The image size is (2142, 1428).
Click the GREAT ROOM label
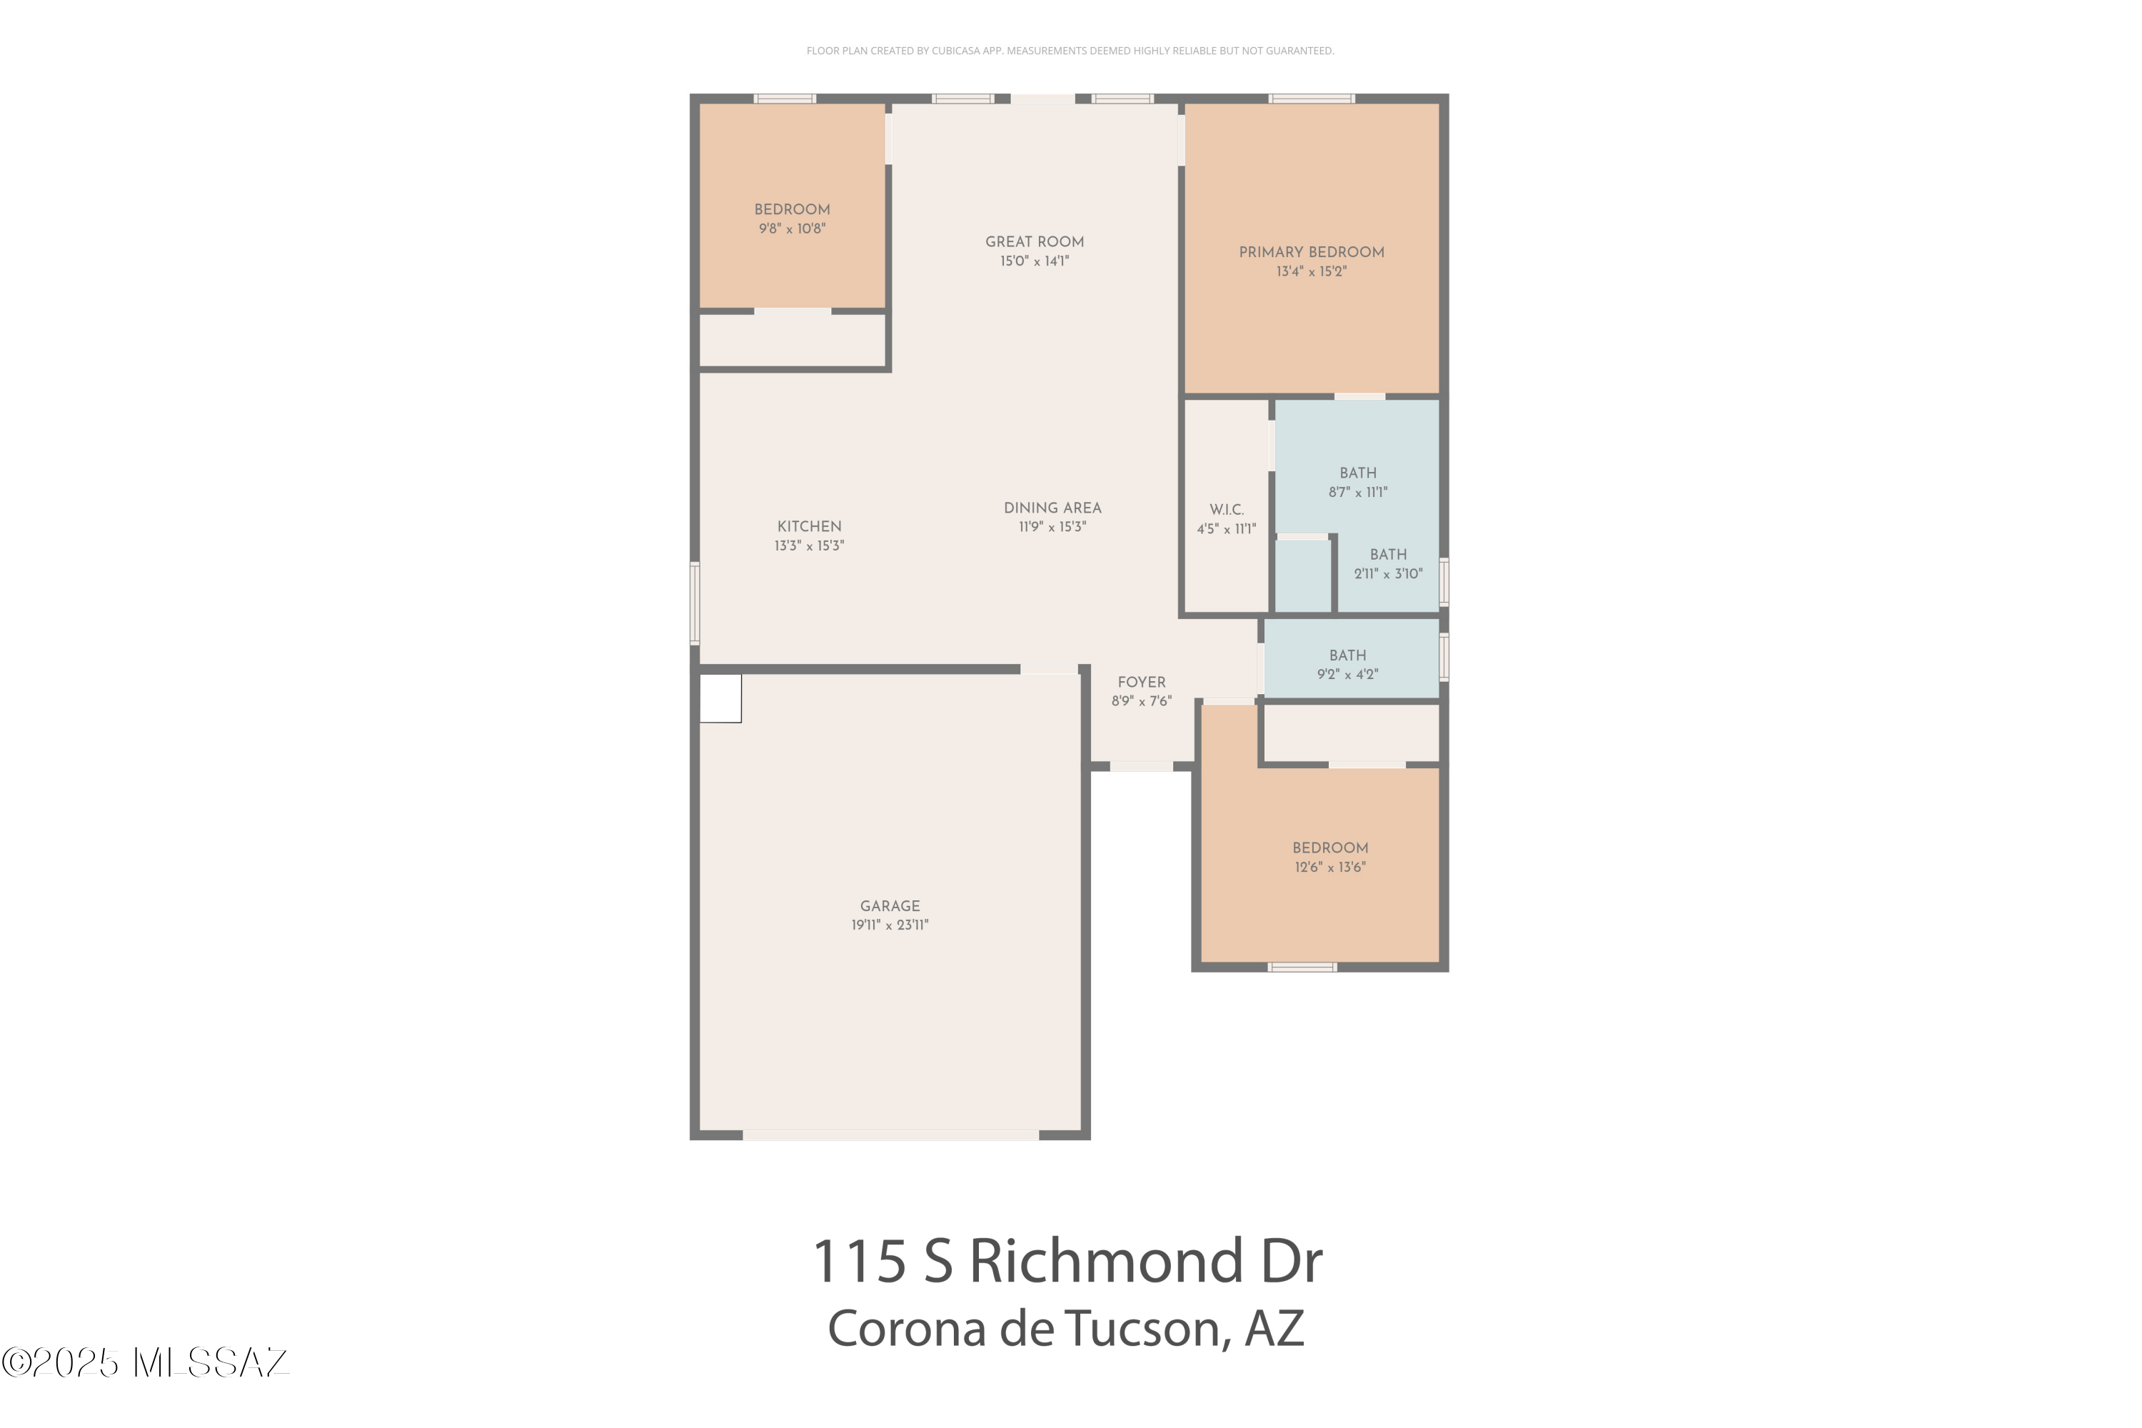point(1034,241)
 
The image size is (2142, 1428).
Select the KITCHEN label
point(809,526)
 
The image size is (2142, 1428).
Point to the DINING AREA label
point(1052,508)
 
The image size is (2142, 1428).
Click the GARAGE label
point(890,906)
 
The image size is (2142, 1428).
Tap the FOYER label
point(1141,682)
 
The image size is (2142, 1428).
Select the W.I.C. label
point(1226,510)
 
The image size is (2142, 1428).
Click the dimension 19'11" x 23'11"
point(890,925)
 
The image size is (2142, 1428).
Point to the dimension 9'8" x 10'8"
point(791,228)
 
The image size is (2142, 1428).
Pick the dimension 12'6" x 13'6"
point(1329,867)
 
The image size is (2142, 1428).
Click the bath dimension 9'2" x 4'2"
point(1347,675)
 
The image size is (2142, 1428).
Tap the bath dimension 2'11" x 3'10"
point(1387,574)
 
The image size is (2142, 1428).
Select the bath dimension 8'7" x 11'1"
point(1357,493)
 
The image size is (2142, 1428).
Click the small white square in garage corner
point(720,698)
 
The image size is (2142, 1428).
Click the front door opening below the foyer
point(1141,767)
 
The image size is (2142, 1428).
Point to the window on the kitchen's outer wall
point(695,603)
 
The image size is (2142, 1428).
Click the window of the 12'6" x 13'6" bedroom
point(1302,967)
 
